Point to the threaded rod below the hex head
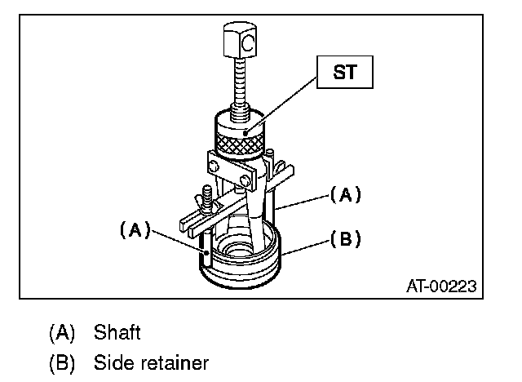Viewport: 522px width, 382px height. tap(242, 87)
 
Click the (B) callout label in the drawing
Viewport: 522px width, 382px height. tap(345, 240)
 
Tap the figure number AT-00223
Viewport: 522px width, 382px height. tap(440, 286)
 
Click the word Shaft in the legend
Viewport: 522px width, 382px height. tap(117, 332)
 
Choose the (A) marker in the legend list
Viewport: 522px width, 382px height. tap(60, 332)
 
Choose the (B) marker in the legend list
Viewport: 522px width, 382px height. tap(60, 362)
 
